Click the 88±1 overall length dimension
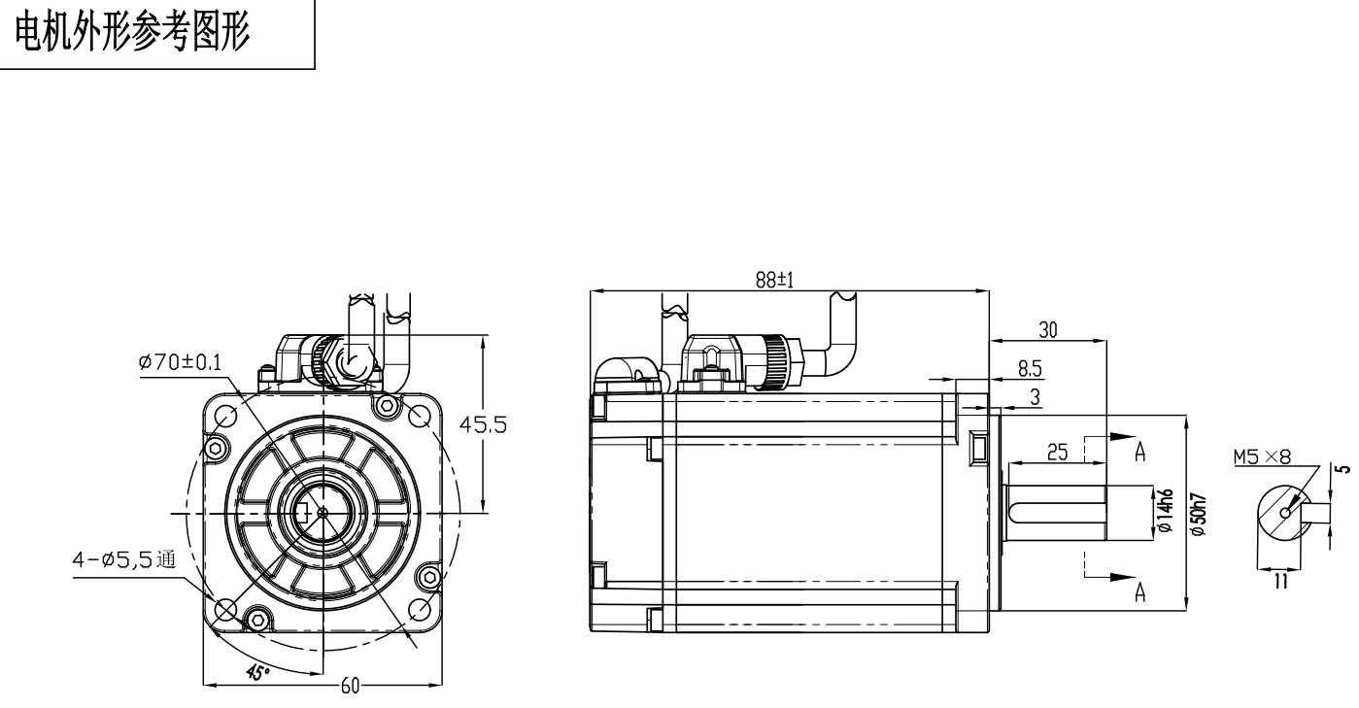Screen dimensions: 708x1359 point(775,279)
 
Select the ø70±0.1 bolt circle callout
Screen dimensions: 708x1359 point(180,362)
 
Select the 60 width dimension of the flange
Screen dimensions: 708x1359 point(350,686)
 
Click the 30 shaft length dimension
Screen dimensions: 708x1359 point(1047,330)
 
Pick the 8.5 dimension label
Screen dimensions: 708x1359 point(1030,368)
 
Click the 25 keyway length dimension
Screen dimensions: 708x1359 point(1057,451)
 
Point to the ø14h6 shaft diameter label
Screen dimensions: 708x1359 point(1167,512)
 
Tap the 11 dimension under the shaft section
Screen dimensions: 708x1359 point(1280,581)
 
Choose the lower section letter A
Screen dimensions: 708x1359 point(1140,592)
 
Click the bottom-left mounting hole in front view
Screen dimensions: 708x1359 point(225,609)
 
